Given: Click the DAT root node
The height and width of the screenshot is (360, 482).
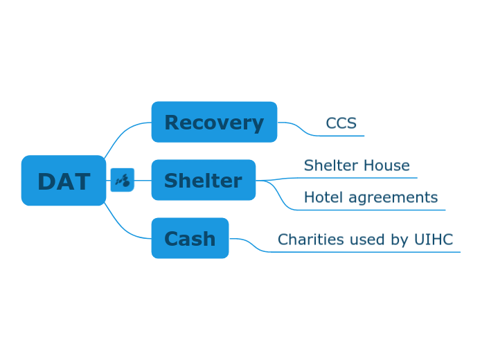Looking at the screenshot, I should click(x=64, y=181).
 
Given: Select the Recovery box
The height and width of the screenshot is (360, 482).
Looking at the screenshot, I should click(x=214, y=123).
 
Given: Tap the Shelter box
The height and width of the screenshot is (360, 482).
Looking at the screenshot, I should click(x=203, y=181).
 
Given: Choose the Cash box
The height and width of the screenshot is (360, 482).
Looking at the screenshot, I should click(x=190, y=239).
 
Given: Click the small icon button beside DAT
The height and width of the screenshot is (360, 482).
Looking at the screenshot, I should click(x=122, y=181).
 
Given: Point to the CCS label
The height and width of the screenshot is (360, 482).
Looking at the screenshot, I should click(x=341, y=123).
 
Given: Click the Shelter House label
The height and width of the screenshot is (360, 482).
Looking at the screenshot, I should click(x=357, y=165).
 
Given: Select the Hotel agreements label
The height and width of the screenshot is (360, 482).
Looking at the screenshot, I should click(x=371, y=197).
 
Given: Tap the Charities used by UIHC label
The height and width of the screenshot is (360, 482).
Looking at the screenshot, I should click(x=365, y=240).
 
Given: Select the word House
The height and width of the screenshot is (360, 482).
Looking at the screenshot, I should click(x=388, y=165).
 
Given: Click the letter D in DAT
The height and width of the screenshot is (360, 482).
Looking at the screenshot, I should click(x=47, y=181).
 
